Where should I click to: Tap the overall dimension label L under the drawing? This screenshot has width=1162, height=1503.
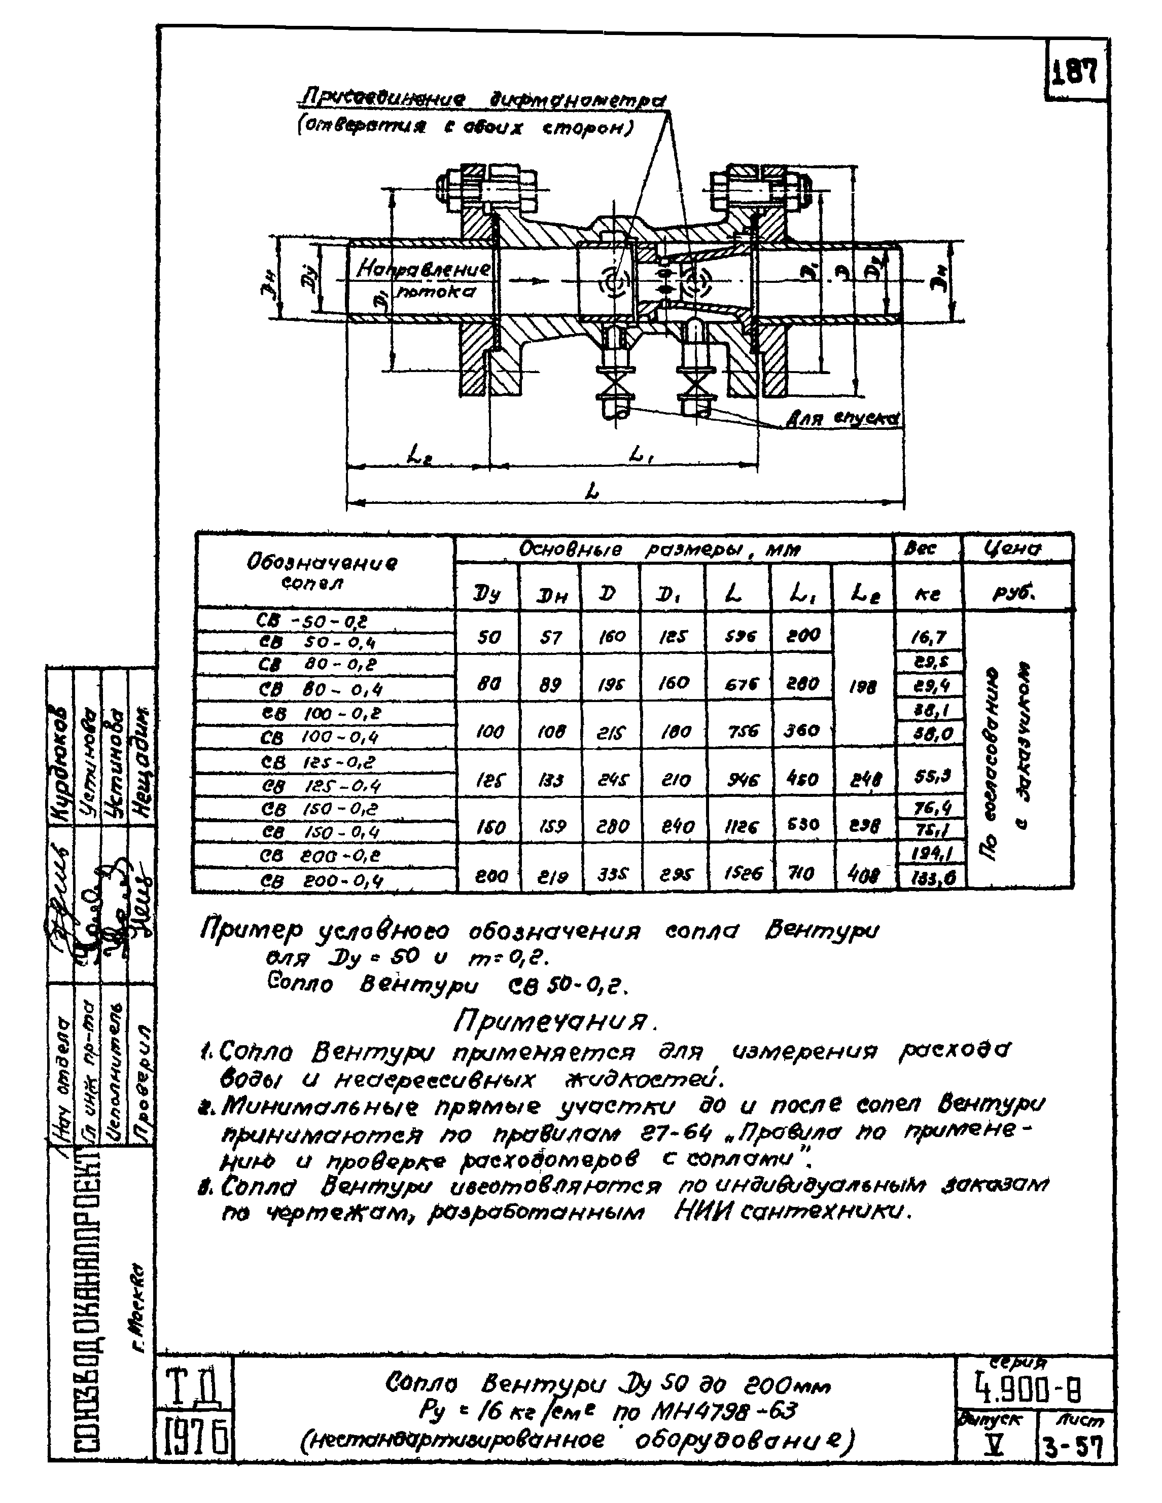[x=593, y=491]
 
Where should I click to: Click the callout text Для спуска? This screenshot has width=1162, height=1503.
[x=844, y=418]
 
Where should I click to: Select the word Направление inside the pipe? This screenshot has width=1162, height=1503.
[x=422, y=269]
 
